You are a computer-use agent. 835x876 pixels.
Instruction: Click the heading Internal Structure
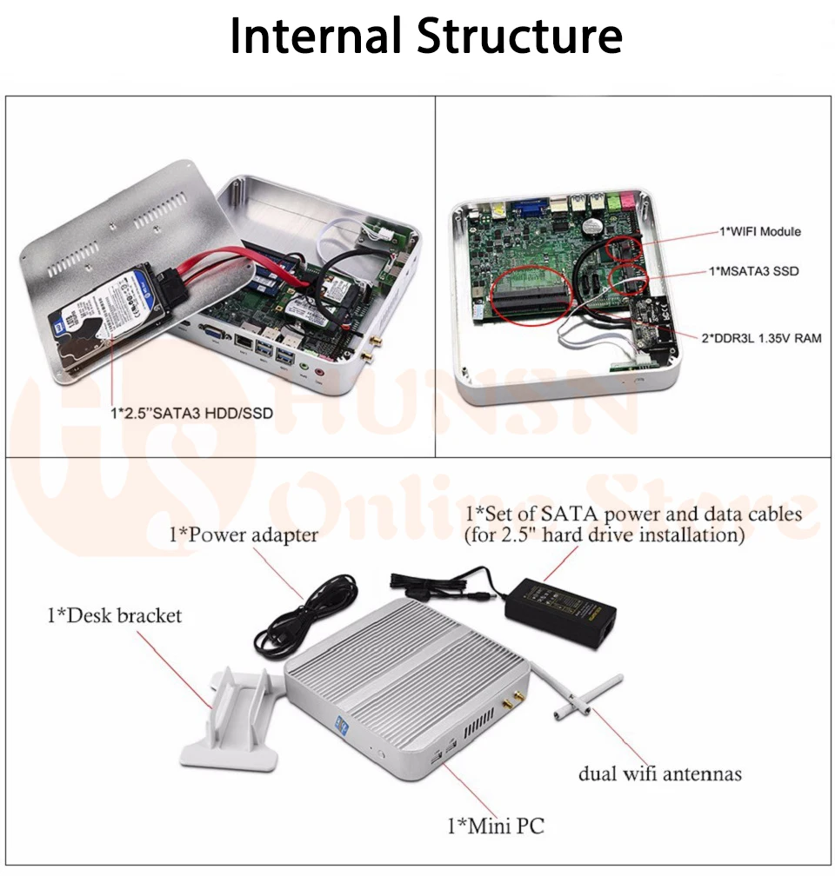425,37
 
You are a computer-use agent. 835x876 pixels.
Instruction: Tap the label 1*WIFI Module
759,231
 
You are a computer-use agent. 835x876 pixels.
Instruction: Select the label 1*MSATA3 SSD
758,272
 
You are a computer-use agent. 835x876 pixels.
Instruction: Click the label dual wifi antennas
660,773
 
